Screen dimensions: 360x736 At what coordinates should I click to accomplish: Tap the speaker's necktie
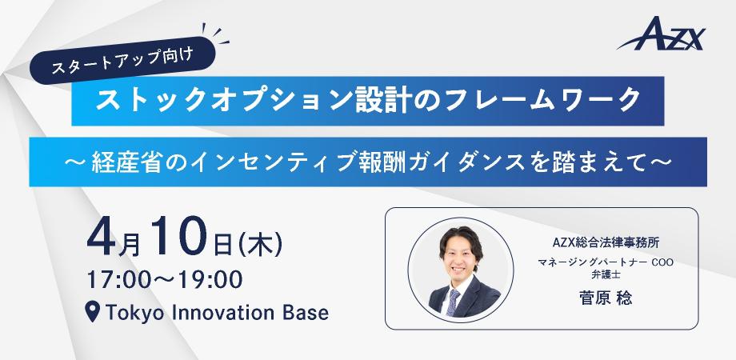click(454, 300)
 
